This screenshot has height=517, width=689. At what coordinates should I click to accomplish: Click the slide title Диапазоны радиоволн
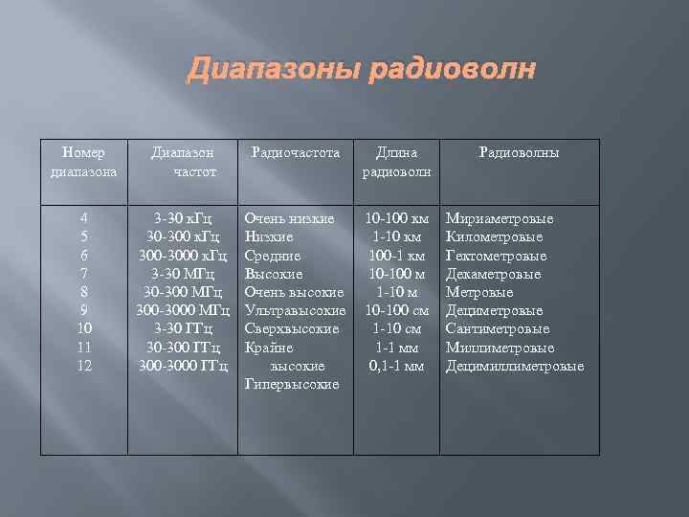tap(362, 70)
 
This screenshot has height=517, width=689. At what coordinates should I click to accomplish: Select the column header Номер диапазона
tap(84, 162)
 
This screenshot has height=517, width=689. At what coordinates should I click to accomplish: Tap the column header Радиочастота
tap(296, 152)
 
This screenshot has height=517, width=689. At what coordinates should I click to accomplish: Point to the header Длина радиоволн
tap(396, 162)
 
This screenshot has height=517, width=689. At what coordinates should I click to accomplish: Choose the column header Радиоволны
tap(519, 152)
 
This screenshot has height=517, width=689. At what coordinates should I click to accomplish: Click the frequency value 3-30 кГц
tap(183, 219)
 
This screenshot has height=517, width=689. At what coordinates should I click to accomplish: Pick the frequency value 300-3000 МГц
tap(183, 310)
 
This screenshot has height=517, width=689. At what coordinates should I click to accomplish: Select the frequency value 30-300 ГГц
tap(183, 347)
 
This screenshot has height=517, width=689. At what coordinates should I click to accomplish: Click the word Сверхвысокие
tap(292, 328)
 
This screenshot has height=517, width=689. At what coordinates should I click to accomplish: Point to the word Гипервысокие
tap(292, 384)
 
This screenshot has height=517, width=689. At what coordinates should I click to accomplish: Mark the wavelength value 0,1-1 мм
tap(396, 366)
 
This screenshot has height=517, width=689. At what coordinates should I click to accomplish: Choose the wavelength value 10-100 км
tap(396, 219)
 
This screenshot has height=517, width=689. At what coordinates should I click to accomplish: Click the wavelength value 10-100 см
tap(396, 310)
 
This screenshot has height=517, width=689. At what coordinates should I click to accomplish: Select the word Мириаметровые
tap(500, 219)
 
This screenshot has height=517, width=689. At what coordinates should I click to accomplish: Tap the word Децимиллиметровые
tap(515, 366)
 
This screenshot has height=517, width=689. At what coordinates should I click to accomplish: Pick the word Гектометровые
tap(497, 256)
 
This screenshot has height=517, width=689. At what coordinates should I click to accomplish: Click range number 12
tap(84, 366)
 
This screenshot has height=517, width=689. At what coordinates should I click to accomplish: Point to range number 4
tap(84, 219)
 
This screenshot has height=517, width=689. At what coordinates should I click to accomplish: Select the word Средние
tap(273, 256)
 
